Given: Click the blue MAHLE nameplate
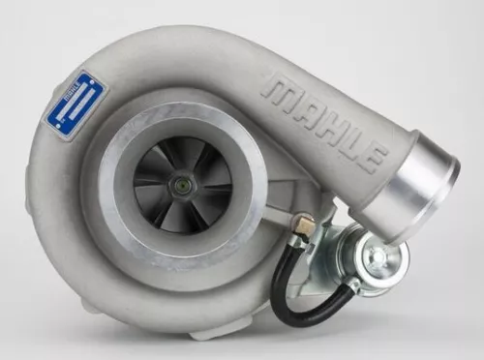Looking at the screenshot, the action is (76, 106).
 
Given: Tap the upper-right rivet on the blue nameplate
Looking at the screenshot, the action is (92, 82).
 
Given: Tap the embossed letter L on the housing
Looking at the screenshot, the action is (351, 144).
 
